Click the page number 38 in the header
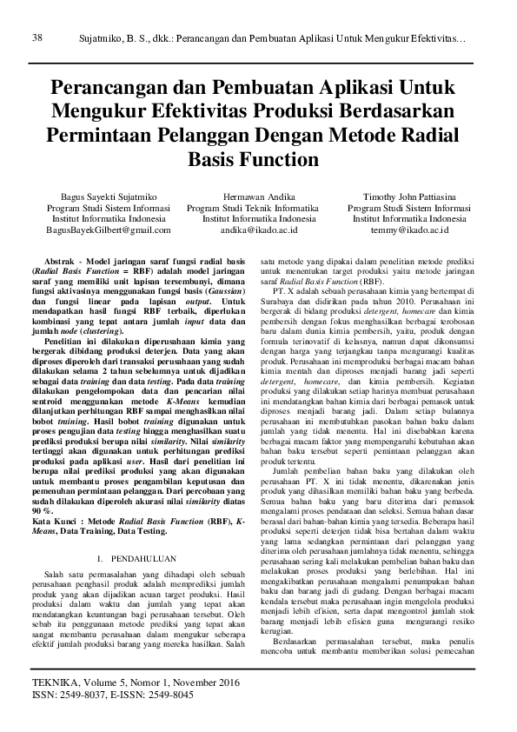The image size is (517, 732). (x=37, y=37)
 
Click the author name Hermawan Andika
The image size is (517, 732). (x=258, y=197)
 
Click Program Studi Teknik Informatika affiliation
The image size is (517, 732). (x=258, y=209)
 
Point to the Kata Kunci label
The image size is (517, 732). (x=61, y=495)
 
